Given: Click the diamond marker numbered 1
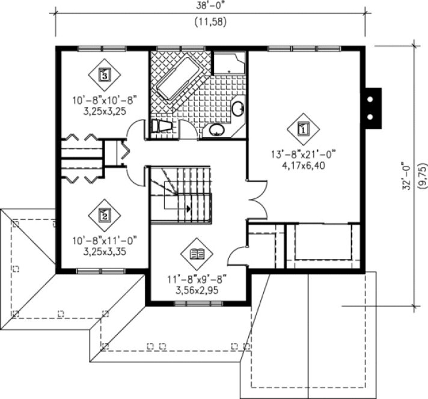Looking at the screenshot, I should (x=303, y=128).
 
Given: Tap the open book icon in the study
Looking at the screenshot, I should (x=197, y=255).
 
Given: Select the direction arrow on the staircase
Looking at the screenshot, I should (x=189, y=209).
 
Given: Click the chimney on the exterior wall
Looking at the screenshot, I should (x=373, y=108).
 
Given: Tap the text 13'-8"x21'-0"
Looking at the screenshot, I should (x=303, y=154).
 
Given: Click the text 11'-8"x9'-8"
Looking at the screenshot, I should (x=197, y=279).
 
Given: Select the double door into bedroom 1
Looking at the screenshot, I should (x=255, y=199).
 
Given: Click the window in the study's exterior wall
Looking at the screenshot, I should (x=197, y=303).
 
